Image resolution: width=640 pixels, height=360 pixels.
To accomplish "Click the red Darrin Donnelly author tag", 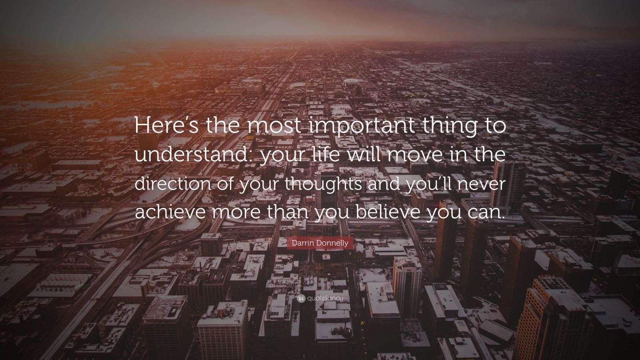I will pyautogui.click(x=320, y=243).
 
